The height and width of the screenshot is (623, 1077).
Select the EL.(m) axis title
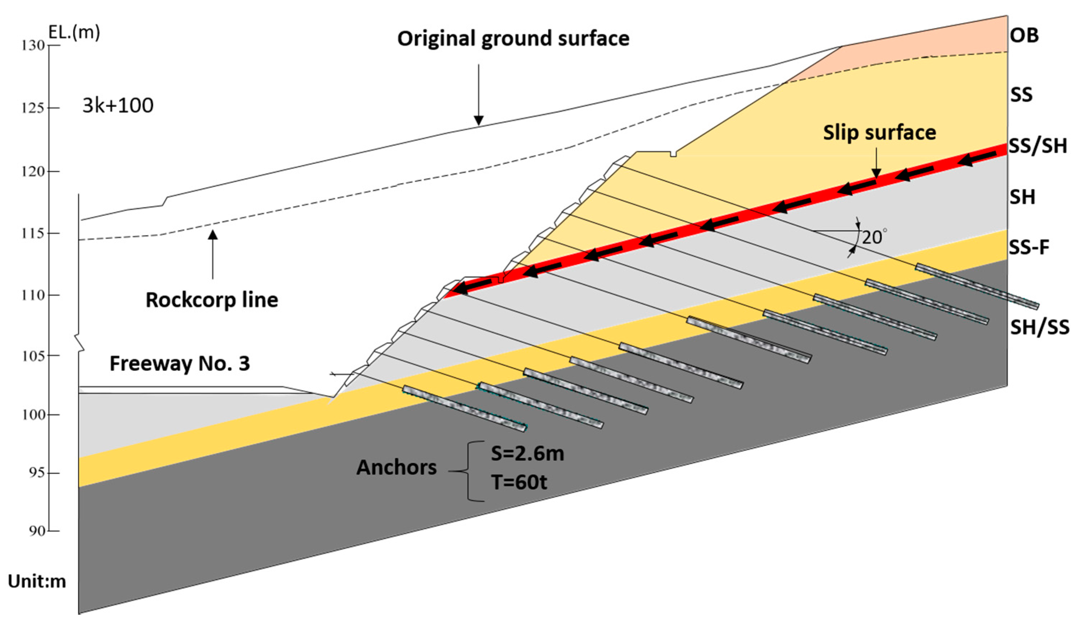pyautogui.click(x=74, y=32)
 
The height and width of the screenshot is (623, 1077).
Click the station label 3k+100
pyautogui.click(x=118, y=105)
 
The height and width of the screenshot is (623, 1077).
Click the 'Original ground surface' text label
pyautogui.click(x=513, y=39)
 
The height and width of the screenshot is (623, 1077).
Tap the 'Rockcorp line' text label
pyautogui.click(x=212, y=300)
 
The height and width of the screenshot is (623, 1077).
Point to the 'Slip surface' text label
pyautogui.click(x=879, y=133)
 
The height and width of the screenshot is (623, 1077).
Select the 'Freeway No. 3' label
pyautogui.click(x=180, y=363)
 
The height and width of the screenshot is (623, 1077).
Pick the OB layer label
pyautogui.click(x=1024, y=35)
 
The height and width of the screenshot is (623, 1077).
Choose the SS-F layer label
pyautogui.click(x=1029, y=247)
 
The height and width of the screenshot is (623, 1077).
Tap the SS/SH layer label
pyautogui.click(x=1037, y=146)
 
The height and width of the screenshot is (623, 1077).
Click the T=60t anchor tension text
pyautogui.click(x=519, y=482)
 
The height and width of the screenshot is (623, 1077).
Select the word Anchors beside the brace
pyautogui.click(x=396, y=467)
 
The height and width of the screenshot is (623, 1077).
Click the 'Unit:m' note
pyautogui.click(x=37, y=582)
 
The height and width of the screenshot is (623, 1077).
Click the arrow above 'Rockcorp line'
pyautogui.click(x=212, y=254)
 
